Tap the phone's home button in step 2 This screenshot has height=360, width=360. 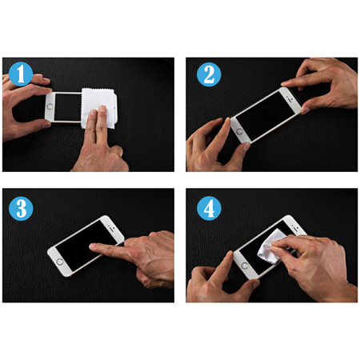238,126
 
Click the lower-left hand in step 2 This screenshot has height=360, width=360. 210,144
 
